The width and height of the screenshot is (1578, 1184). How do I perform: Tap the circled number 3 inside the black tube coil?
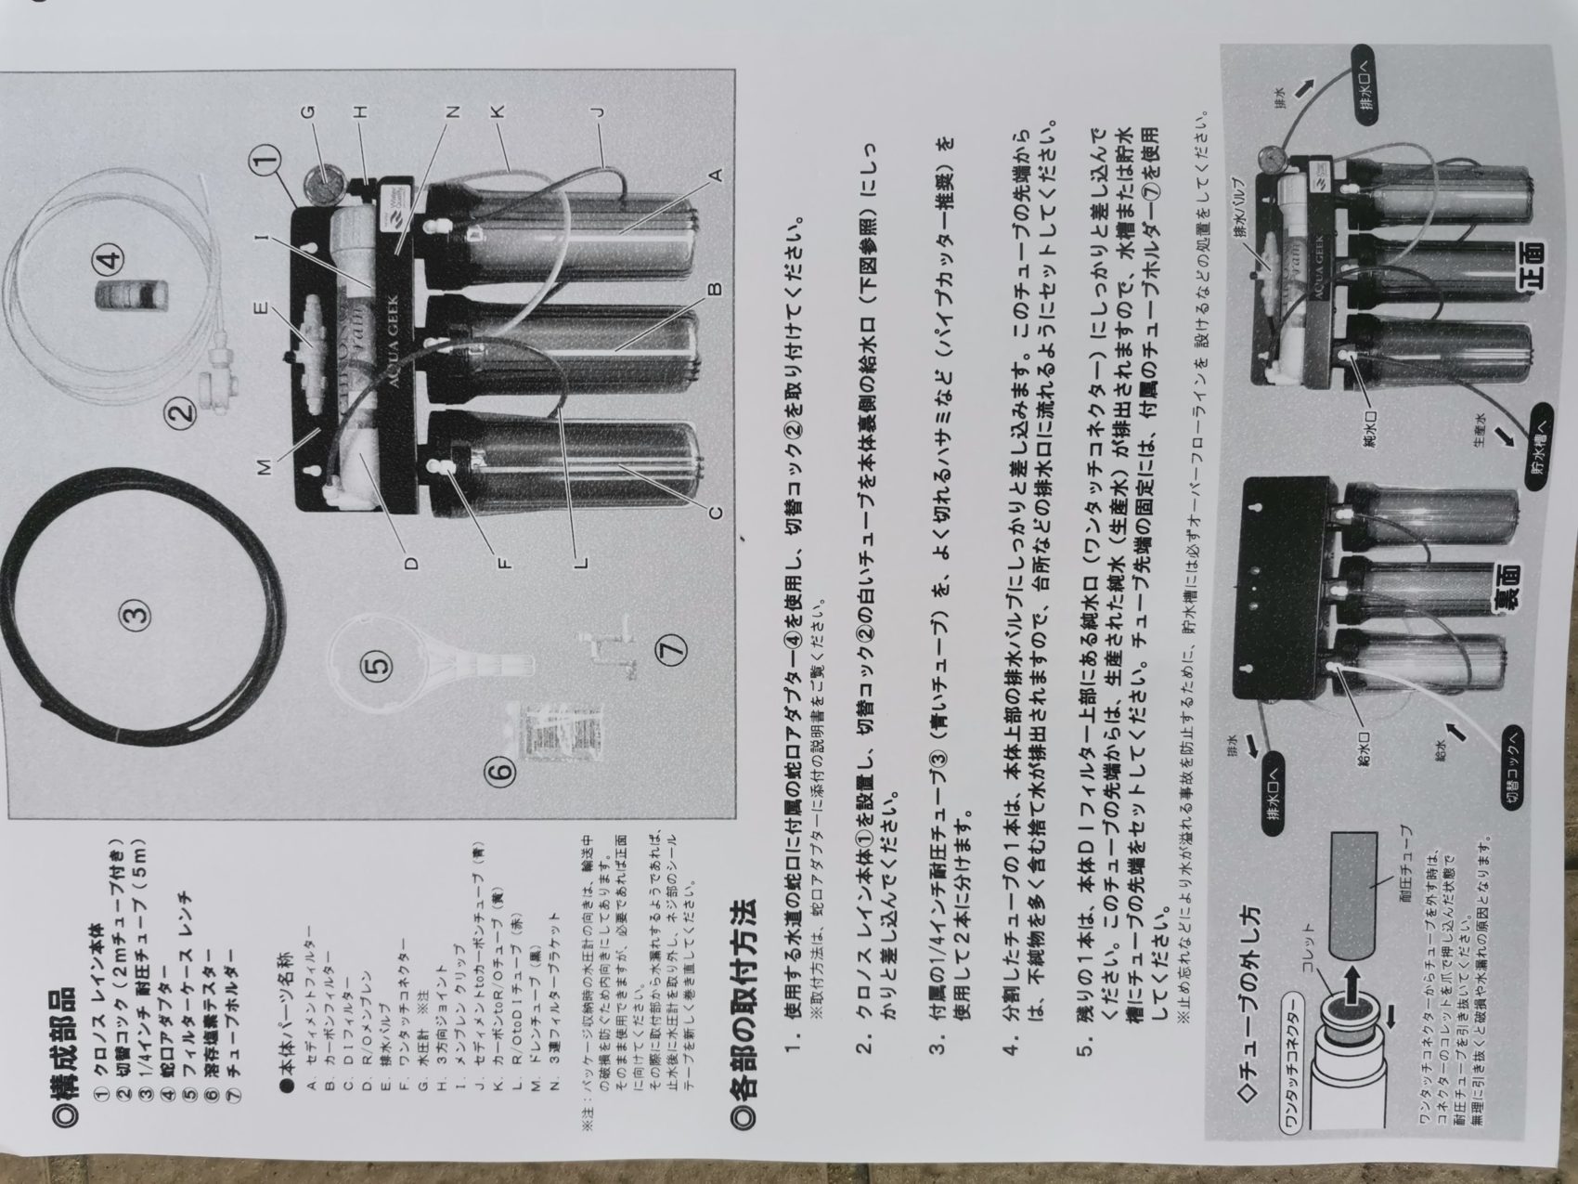click(135, 613)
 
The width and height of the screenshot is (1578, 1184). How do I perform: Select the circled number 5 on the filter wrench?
click(376, 665)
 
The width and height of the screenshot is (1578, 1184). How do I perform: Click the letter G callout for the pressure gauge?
click(308, 112)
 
